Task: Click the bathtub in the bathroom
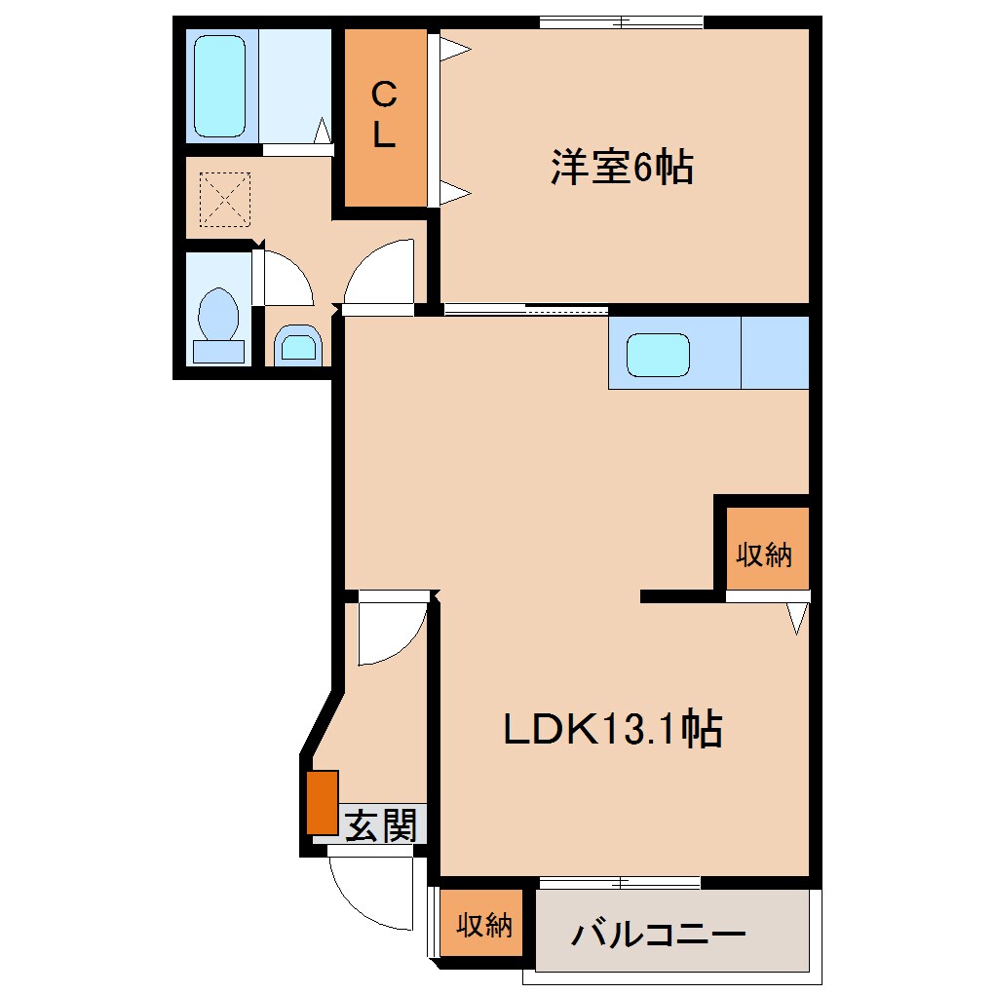coord(219,86)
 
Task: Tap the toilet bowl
coord(219,315)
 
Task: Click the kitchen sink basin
coord(658,355)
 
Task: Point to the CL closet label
coord(385,116)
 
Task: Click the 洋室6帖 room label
coord(622,168)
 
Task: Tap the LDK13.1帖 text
coord(612,729)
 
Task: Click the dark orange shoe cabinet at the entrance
coord(323,802)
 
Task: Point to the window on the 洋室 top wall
coord(621,22)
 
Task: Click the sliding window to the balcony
coord(620,883)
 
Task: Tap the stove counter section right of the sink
coord(775,353)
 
